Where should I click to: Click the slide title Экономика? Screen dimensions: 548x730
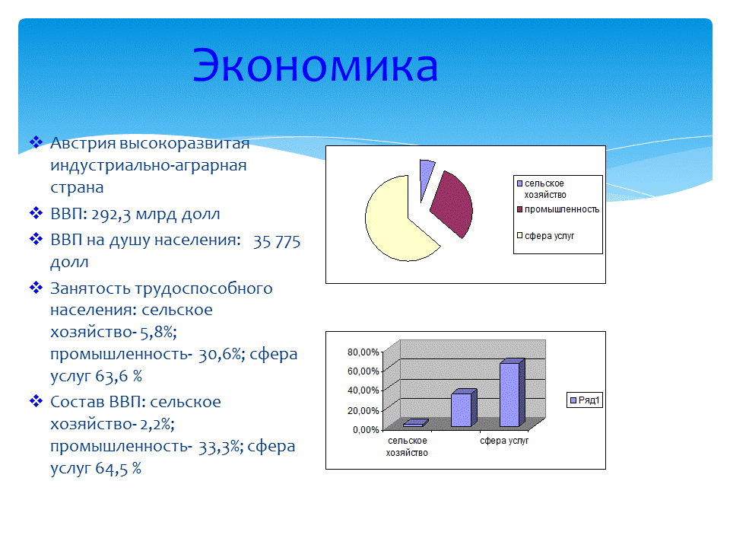315,66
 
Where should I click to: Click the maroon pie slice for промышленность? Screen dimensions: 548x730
454,204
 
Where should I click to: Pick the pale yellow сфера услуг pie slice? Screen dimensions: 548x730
395,221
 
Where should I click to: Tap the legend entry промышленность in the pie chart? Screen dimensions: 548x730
561,209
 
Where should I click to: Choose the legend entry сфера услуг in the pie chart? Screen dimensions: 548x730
548,236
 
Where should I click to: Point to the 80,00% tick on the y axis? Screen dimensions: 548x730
363,352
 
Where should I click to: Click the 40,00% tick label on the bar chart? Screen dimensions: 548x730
363,390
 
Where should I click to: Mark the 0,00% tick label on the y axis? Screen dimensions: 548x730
365,429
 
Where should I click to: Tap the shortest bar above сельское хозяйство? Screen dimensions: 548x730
413,423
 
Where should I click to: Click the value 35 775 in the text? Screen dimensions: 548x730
277,241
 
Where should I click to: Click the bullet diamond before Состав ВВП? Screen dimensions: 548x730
36,401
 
